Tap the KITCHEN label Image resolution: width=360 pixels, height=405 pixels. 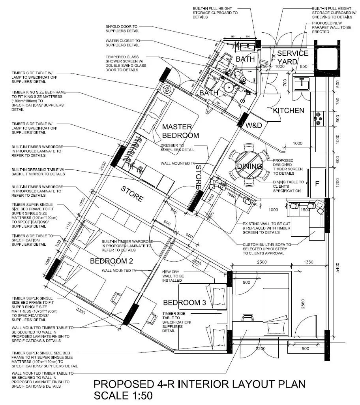pyautogui.click(x=289, y=111)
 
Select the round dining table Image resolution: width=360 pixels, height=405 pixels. pyautogui.click(x=249, y=166)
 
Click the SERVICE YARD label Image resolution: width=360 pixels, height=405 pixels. pyautogui.click(x=292, y=57)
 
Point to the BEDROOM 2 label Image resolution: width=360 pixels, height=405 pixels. pyautogui.click(x=111, y=261)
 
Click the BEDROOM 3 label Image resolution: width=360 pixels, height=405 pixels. pyautogui.click(x=184, y=303)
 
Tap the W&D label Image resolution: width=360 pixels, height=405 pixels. pyautogui.click(x=254, y=126)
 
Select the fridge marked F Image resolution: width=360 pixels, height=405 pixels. pyautogui.click(x=317, y=183)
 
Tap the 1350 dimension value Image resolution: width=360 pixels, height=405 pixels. pyautogui.click(x=309, y=262)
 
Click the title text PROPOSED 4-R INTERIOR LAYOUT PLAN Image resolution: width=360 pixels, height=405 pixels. pyautogui.click(x=199, y=384)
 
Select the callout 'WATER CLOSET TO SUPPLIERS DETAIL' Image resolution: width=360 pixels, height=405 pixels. pyautogui.click(x=123, y=43)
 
